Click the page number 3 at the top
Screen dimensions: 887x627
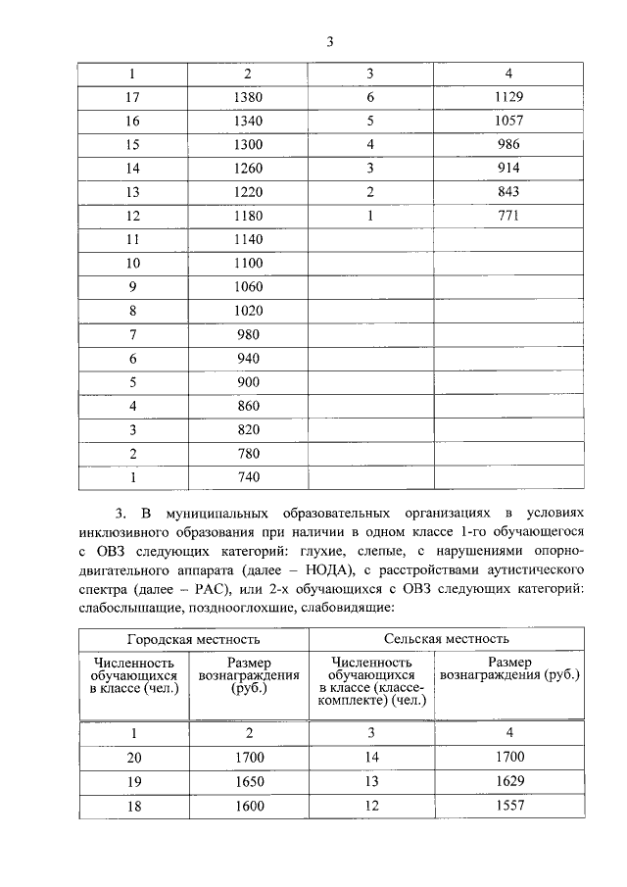tap(330, 41)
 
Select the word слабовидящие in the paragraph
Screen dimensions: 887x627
tap(351, 608)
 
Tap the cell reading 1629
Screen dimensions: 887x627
tap(508, 781)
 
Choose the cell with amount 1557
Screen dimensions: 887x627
tap(508, 805)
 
